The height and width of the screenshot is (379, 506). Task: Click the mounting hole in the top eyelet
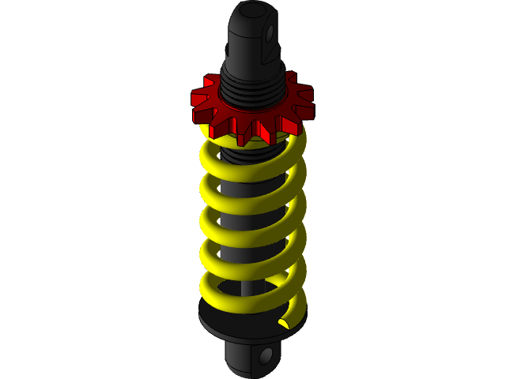(270, 34)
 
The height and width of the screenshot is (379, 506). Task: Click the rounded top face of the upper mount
(253, 12)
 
